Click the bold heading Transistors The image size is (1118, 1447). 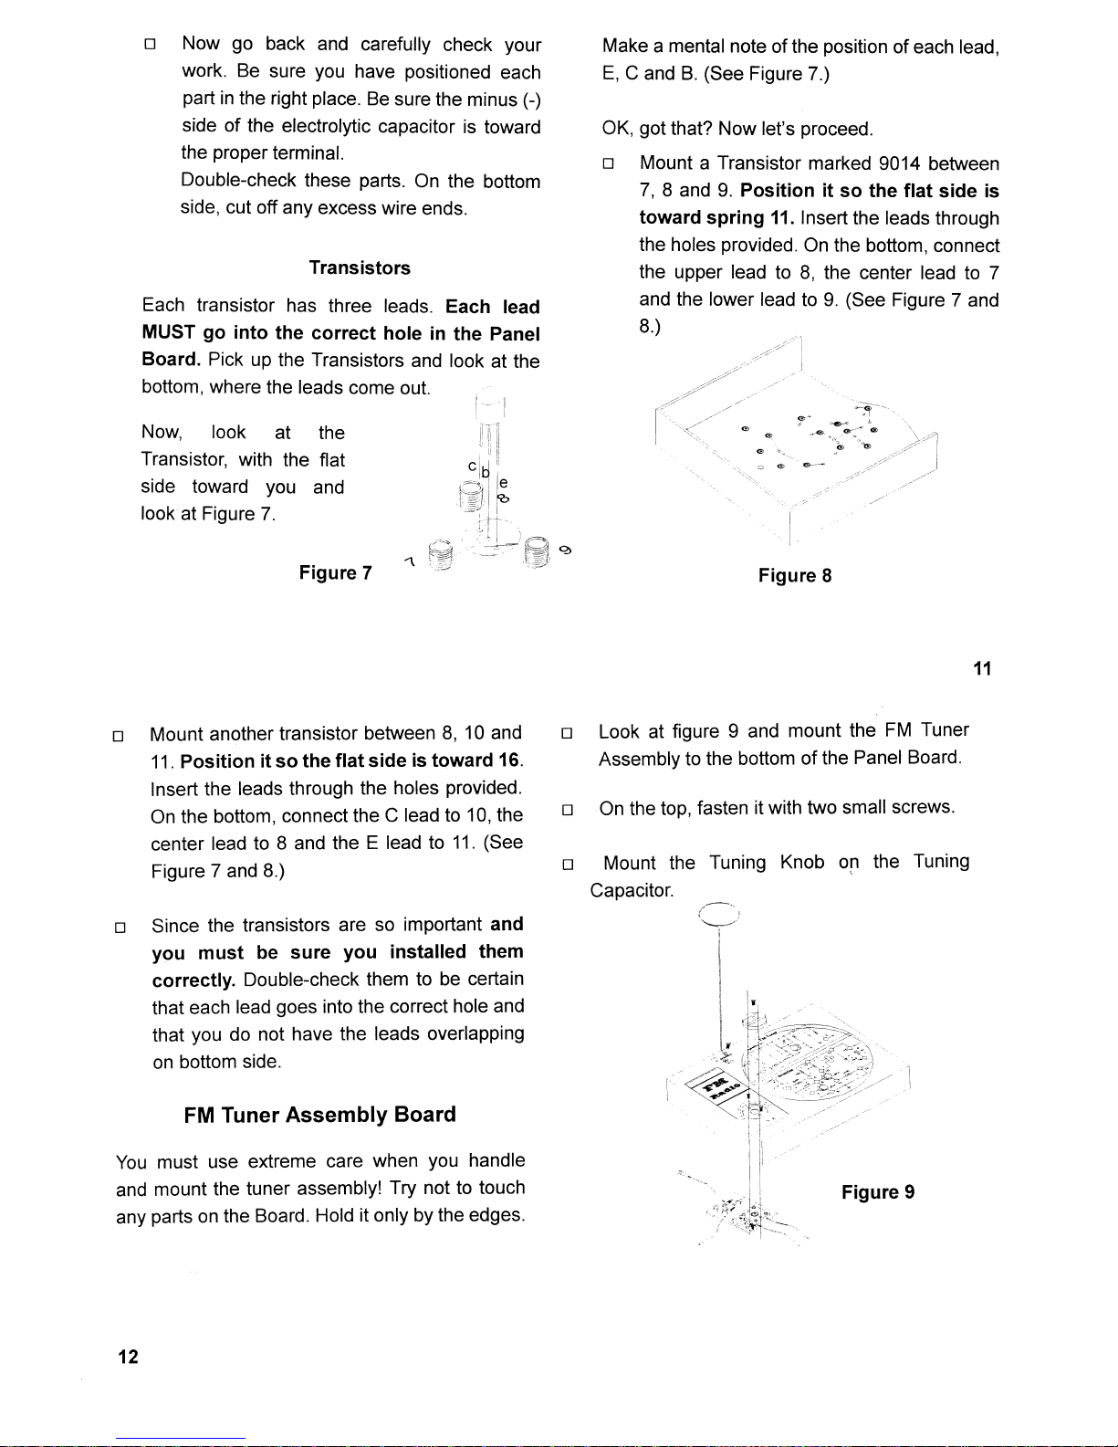[360, 268]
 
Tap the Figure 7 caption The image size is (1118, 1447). [335, 573]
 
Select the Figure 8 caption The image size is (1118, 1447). [794, 576]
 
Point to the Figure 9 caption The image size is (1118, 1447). [878, 1192]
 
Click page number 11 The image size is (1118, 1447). [981, 669]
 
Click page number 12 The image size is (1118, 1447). [128, 1357]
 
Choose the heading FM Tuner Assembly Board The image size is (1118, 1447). [319, 1115]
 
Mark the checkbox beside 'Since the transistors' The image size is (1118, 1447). [118, 928]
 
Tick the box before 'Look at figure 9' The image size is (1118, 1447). [567, 732]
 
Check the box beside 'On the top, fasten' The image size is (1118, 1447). [567, 809]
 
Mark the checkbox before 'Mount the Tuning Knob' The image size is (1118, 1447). [567, 864]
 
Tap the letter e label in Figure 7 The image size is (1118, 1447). [504, 482]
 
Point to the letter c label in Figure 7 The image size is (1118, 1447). [472, 466]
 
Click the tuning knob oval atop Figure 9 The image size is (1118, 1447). [720, 915]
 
